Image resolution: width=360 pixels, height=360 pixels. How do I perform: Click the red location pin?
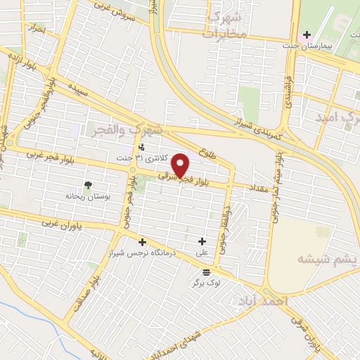tap(181, 166)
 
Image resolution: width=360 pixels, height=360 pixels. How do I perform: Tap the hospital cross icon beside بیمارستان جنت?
tap(305, 34)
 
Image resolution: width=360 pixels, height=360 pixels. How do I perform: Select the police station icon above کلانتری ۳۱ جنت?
tap(143, 148)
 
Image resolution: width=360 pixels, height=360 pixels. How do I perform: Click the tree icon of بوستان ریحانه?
tap(88, 186)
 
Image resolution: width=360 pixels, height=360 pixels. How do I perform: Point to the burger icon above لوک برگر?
tap(206, 273)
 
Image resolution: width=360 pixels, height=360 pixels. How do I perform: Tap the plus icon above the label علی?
tap(202, 241)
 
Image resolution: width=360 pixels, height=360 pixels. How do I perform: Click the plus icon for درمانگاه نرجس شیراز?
tap(141, 242)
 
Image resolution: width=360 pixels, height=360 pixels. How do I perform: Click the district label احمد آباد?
tap(264, 301)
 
